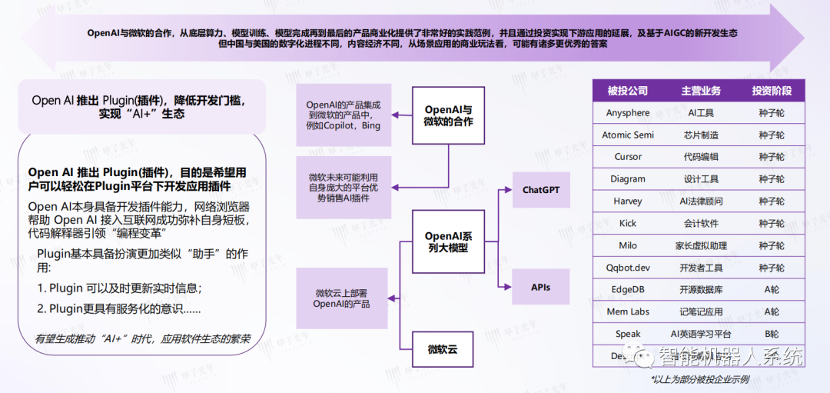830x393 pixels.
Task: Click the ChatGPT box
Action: click(541, 189)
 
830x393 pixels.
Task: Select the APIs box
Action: click(541, 288)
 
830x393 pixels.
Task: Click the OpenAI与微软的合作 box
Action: click(448, 116)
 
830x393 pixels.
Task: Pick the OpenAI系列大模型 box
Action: click(448, 242)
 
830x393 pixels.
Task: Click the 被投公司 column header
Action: click(627, 91)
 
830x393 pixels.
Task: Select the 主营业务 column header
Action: click(701, 91)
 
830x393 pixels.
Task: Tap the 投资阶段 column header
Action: click(771, 91)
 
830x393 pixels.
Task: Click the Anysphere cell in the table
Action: click(627, 113)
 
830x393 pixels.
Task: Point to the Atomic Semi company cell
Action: click(627, 135)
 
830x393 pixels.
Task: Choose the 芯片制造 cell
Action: click(701, 135)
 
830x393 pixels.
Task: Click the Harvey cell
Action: click(627, 201)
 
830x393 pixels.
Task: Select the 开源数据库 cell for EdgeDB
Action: click(701, 290)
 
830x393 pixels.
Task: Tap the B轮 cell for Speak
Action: click(771, 335)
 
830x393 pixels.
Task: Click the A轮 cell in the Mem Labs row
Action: click(771, 312)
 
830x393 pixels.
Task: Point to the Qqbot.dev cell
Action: click(627, 268)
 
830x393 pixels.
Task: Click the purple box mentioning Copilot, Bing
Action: click(344, 115)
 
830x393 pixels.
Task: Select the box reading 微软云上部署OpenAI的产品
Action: click(343, 298)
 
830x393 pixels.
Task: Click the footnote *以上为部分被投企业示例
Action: click(699, 380)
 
